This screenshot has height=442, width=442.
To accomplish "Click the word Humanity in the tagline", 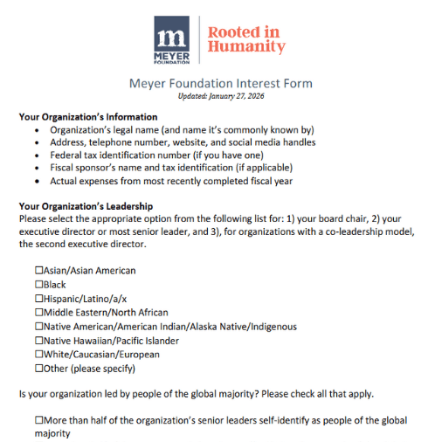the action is point(245,47).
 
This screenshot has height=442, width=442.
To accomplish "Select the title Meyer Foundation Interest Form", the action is point(220,84).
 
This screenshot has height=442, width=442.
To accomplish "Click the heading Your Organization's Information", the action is point(88,117).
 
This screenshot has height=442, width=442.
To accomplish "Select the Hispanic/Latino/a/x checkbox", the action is point(39,299).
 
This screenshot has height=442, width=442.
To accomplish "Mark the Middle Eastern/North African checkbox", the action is point(39,313).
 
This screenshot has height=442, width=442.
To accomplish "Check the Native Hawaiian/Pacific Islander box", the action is point(39,341).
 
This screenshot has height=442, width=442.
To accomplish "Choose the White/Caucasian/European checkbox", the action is point(39,355).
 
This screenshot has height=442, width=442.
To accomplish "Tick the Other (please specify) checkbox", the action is point(39,369).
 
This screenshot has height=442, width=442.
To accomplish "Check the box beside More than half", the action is point(39,420).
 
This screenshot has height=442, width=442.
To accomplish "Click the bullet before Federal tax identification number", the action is point(36,155).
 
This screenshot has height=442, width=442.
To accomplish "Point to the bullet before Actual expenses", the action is point(36,182).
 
